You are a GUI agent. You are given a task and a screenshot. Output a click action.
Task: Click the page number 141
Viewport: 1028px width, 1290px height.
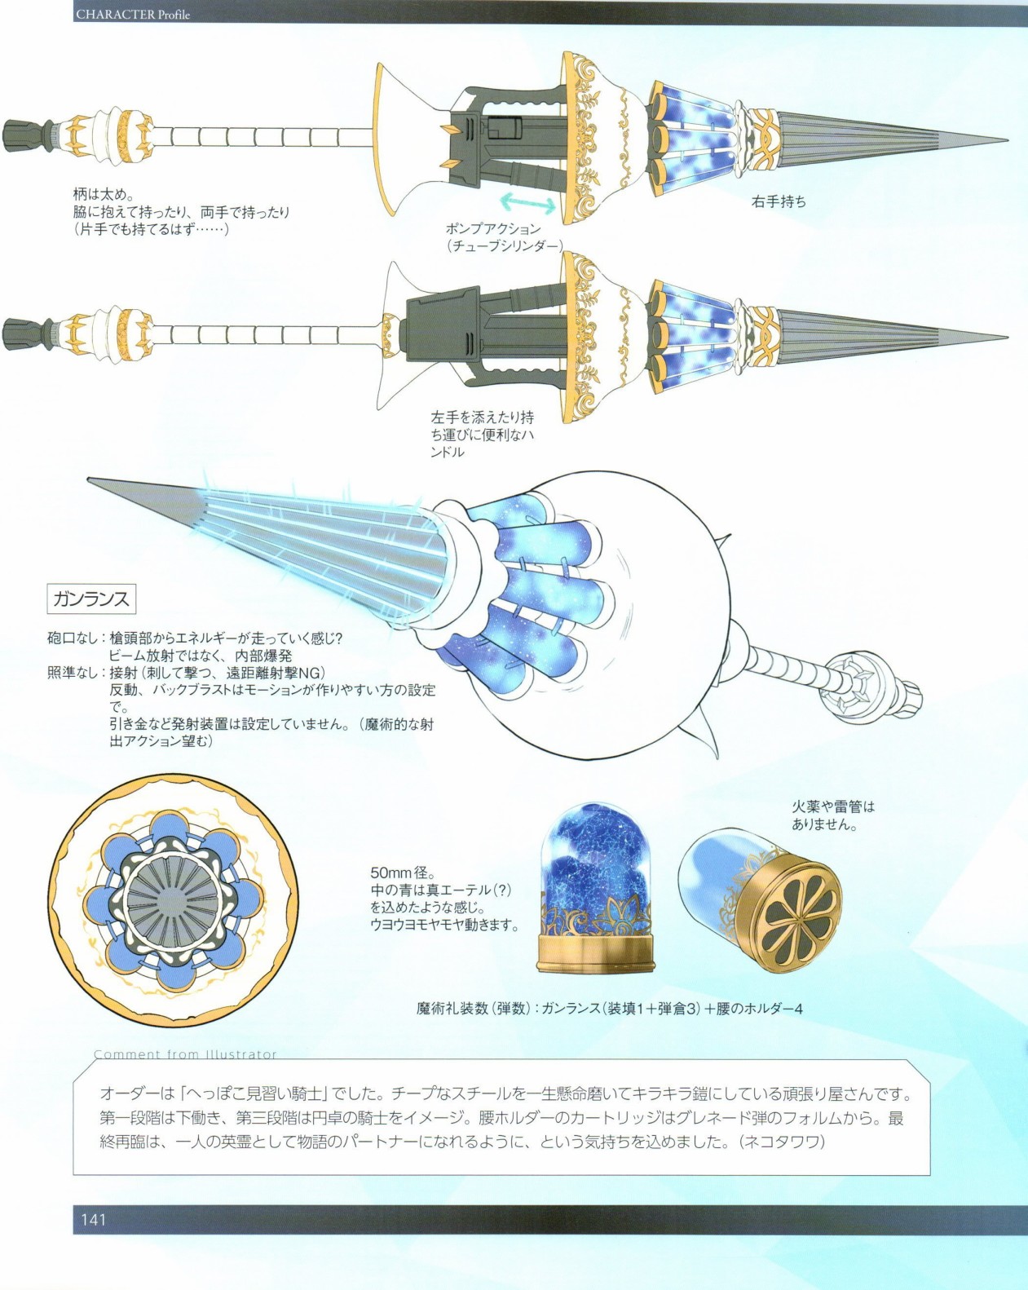(94, 1219)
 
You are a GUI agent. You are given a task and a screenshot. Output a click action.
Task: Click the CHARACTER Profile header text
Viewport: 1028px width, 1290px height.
(132, 14)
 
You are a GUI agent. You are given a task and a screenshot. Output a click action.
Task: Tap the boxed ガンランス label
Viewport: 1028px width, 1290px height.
(91, 599)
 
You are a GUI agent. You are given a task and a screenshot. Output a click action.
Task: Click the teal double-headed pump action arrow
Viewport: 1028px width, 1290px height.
(527, 203)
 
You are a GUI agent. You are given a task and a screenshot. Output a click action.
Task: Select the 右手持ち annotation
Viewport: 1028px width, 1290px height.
(779, 201)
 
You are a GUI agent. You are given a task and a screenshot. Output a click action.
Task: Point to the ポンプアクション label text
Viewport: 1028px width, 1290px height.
(492, 228)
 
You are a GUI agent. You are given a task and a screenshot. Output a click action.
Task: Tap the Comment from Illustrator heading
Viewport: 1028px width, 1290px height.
(185, 1054)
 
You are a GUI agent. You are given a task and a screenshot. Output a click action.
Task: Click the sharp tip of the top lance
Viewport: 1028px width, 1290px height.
(1008, 140)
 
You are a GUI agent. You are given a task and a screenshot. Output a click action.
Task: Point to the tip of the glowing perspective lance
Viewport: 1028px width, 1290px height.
(89, 479)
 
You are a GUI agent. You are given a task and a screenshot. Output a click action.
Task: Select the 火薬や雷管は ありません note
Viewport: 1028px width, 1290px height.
(833, 815)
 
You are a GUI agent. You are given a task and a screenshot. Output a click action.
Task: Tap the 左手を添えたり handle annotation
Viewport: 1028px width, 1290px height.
(481, 434)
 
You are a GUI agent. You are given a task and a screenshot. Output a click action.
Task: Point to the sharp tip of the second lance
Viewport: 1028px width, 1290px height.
(1008, 337)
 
